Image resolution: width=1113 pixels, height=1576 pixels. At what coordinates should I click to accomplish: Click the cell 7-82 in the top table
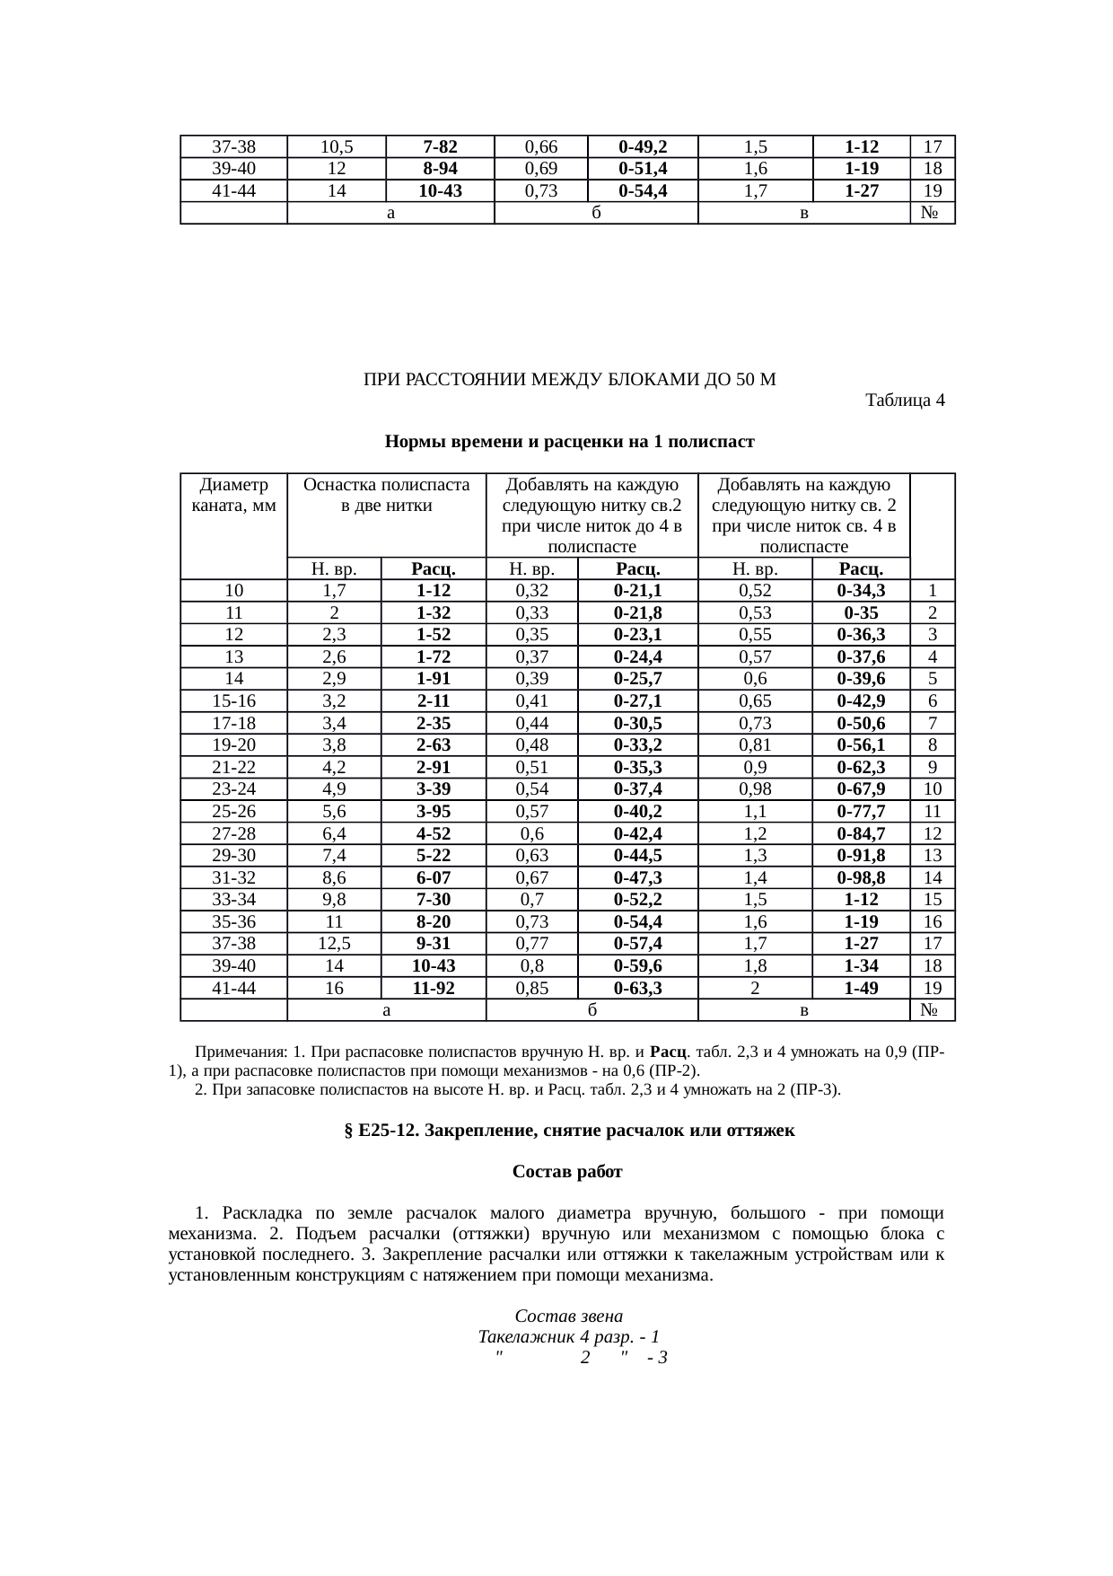(x=440, y=146)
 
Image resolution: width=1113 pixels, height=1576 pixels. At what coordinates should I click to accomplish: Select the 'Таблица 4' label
(x=904, y=400)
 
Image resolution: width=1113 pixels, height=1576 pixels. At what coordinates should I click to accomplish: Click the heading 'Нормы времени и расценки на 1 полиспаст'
(x=569, y=442)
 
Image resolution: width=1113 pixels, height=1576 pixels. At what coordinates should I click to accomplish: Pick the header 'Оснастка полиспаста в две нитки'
(x=387, y=495)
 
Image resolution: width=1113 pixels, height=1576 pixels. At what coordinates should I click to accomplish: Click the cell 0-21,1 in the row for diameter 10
(x=637, y=591)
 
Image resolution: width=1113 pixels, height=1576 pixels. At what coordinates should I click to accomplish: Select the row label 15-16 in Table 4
(x=233, y=701)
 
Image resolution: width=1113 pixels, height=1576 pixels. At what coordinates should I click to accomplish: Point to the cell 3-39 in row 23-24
(x=434, y=789)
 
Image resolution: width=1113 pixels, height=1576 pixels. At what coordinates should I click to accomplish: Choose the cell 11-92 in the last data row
(x=434, y=988)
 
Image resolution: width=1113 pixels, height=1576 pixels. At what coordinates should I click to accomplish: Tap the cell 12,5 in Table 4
(x=334, y=944)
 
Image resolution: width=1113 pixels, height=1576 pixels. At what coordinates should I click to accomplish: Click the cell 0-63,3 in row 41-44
(x=637, y=988)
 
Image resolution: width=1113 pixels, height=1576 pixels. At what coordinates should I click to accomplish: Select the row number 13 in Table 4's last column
(x=933, y=856)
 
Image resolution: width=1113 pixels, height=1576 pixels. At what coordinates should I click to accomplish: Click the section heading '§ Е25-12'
(x=569, y=1131)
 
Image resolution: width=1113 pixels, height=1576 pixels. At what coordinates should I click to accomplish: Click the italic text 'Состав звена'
(x=569, y=1316)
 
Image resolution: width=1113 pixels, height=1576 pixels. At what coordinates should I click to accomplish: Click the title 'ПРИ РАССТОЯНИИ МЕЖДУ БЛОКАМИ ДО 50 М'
(x=569, y=380)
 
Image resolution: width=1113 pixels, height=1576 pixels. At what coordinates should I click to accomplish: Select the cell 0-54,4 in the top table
(x=642, y=190)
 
